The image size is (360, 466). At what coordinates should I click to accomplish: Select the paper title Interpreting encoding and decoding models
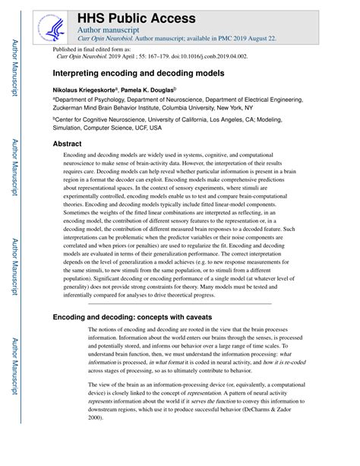(x=137, y=74)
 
